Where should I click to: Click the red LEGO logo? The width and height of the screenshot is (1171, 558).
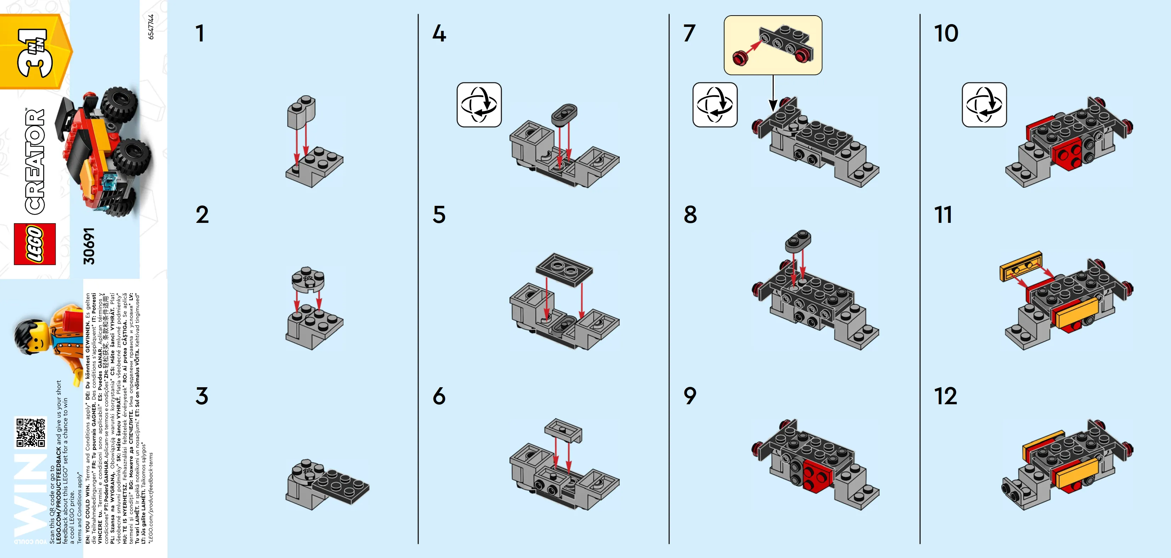point(35,244)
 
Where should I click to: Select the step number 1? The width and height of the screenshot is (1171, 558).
point(200,34)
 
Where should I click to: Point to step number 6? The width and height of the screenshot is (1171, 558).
point(439,396)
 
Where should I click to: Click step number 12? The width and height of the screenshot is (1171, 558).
point(945,396)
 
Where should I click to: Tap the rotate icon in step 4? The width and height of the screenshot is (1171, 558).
point(479,105)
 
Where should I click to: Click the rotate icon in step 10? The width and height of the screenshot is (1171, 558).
point(984,105)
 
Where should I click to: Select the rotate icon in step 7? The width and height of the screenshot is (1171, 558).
point(715,105)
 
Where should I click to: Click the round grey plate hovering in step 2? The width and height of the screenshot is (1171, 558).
point(308,279)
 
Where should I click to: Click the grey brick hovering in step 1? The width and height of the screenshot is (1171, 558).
point(301,111)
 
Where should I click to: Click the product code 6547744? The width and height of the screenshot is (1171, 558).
point(151,27)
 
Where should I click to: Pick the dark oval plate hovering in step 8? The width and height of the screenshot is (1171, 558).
point(798,241)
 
